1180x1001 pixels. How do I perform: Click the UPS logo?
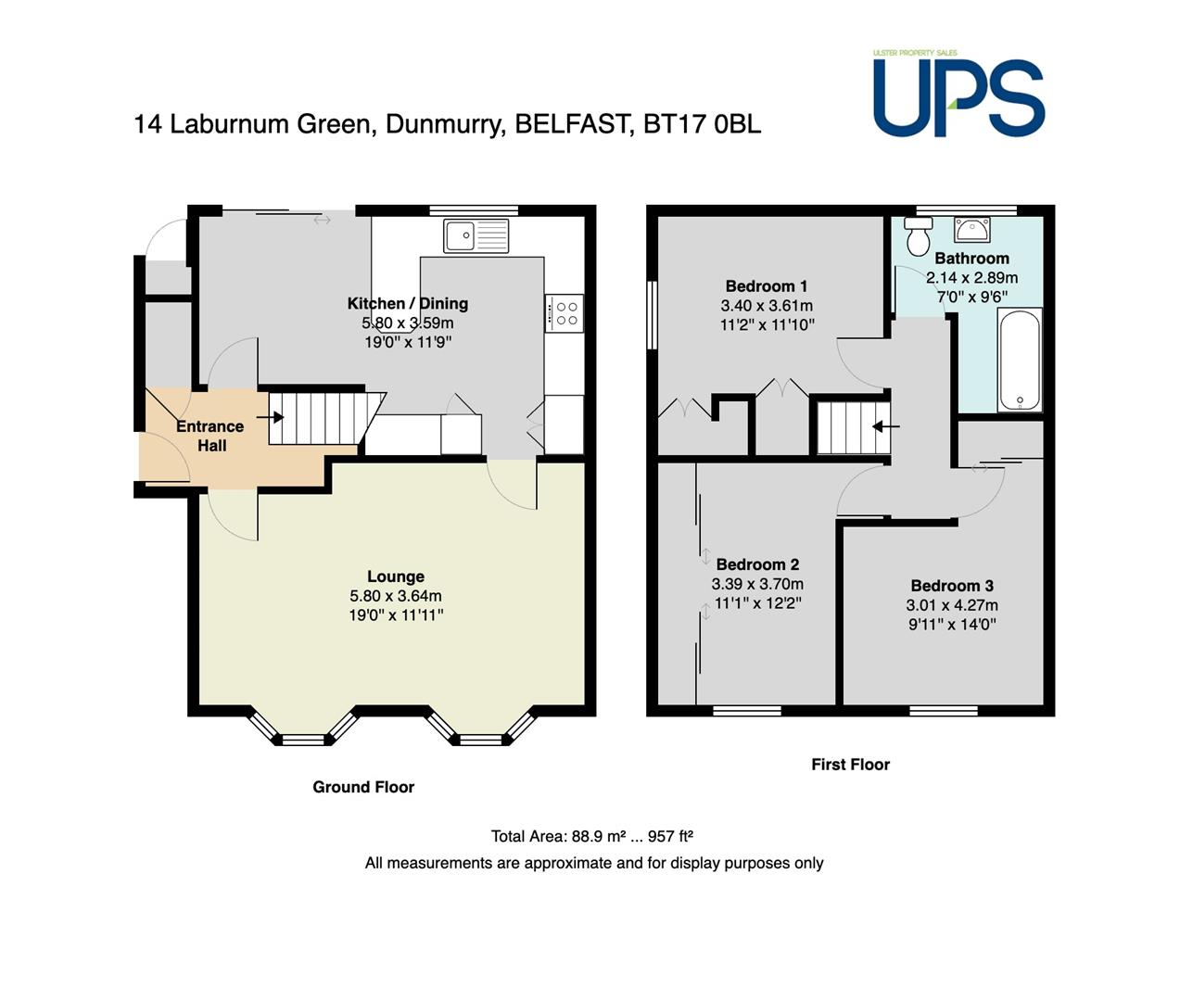click(x=958, y=94)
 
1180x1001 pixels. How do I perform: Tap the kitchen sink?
click(x=476, y=235)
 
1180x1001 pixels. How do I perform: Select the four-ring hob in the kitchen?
click(x=564, y=312)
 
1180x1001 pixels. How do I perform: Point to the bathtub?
click(x=1020, y=360)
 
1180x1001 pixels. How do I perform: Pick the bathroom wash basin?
click(x=971, y=230)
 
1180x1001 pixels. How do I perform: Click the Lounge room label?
click(x=396, y=577)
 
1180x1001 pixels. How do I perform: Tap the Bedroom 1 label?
click(x=767, y=285)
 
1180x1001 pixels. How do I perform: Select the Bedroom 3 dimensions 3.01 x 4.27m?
click(x=952, y=605)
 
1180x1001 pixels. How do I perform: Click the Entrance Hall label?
click(x=210, y=436)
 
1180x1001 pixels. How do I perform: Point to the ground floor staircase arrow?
click(x=270, y=417)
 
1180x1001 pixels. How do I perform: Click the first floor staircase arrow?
click(x=886, y=426)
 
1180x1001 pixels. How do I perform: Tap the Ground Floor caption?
click(x=363, y=787)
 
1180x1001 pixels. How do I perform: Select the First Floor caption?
click(x=851, y=764)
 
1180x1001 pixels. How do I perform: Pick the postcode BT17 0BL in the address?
click(x=703, y=124)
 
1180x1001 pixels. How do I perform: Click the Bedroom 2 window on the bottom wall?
click(x=747, y=711)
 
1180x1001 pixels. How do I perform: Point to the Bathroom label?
click(x=971, y=259)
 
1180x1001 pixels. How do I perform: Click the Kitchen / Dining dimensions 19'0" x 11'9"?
click(x=408, y=342)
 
